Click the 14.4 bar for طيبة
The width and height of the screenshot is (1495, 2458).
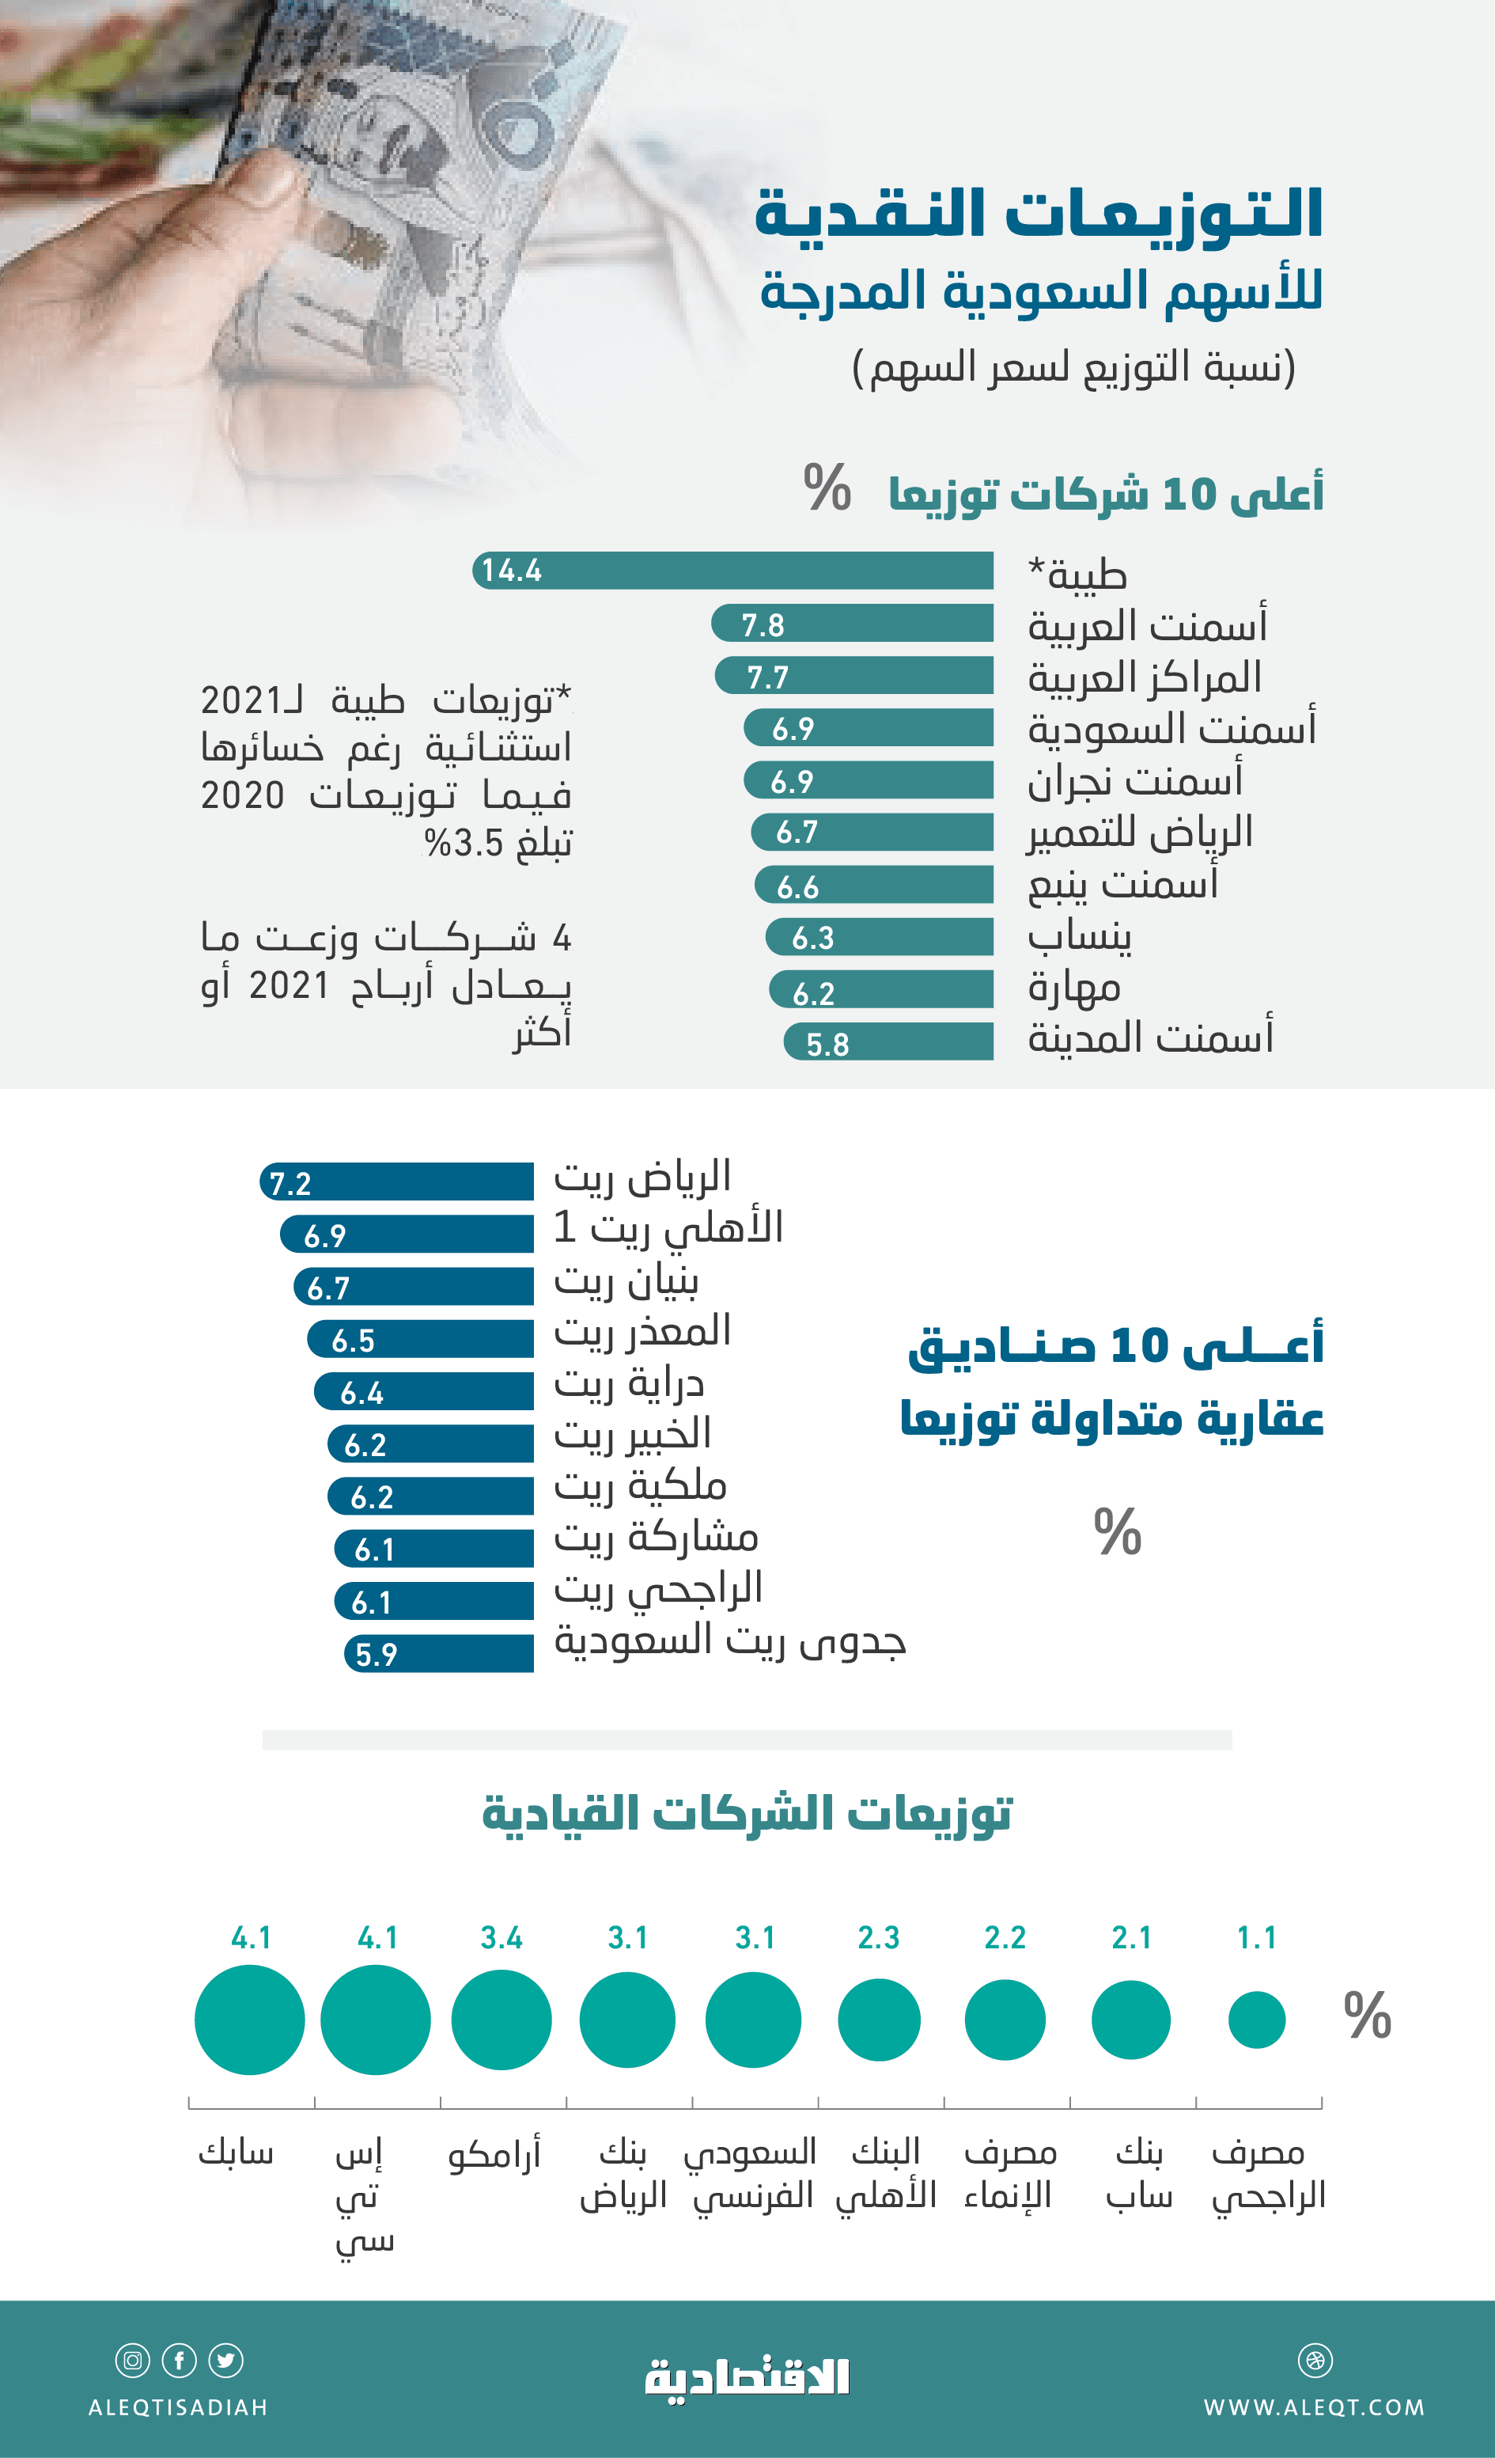coord(733,571)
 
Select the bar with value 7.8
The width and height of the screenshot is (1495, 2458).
coord(853,624)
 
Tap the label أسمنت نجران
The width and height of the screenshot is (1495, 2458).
coord(1135,780)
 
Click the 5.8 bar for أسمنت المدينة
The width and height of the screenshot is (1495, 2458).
coord(888,1042)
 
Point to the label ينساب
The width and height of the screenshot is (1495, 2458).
coord(1079,935)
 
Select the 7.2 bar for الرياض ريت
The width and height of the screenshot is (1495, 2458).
coord(397,1182)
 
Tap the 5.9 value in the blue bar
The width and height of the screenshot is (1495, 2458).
coord(377,1655)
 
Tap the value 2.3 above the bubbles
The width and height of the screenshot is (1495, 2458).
coord(879,1937)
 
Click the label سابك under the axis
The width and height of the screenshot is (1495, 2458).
coord(236,2153)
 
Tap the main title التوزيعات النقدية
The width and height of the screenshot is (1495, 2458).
coord(1039,214)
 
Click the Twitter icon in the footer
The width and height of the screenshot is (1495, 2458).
coord(225,2360)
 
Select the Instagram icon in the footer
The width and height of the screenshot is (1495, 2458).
coord(133,2360)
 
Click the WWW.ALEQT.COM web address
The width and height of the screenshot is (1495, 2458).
coord(1314,2407)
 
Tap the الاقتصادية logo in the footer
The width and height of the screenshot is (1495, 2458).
coord(747,2378)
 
